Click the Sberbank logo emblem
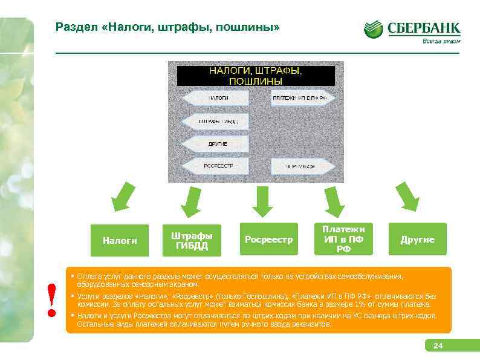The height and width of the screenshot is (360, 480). tap(373, 30)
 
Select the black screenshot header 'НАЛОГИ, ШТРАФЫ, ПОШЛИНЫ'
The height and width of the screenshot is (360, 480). tap(255, 76)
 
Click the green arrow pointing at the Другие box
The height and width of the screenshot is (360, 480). tap(406, 195)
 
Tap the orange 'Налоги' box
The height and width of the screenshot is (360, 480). tap(120, 240)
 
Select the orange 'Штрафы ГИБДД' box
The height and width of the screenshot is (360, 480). tap(192, 240)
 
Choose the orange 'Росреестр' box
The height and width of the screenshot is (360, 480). tap(268, 240)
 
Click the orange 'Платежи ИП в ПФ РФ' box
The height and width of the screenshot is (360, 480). tap(343, 239)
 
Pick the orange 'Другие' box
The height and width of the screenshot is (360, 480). tap(417, 240)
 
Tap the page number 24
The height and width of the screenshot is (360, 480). tap(438, 346)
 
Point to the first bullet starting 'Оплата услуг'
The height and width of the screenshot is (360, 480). tap(242, 280)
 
